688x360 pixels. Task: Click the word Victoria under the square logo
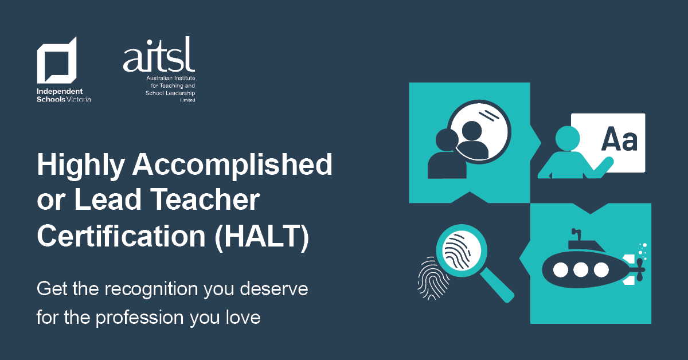point(80,99)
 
